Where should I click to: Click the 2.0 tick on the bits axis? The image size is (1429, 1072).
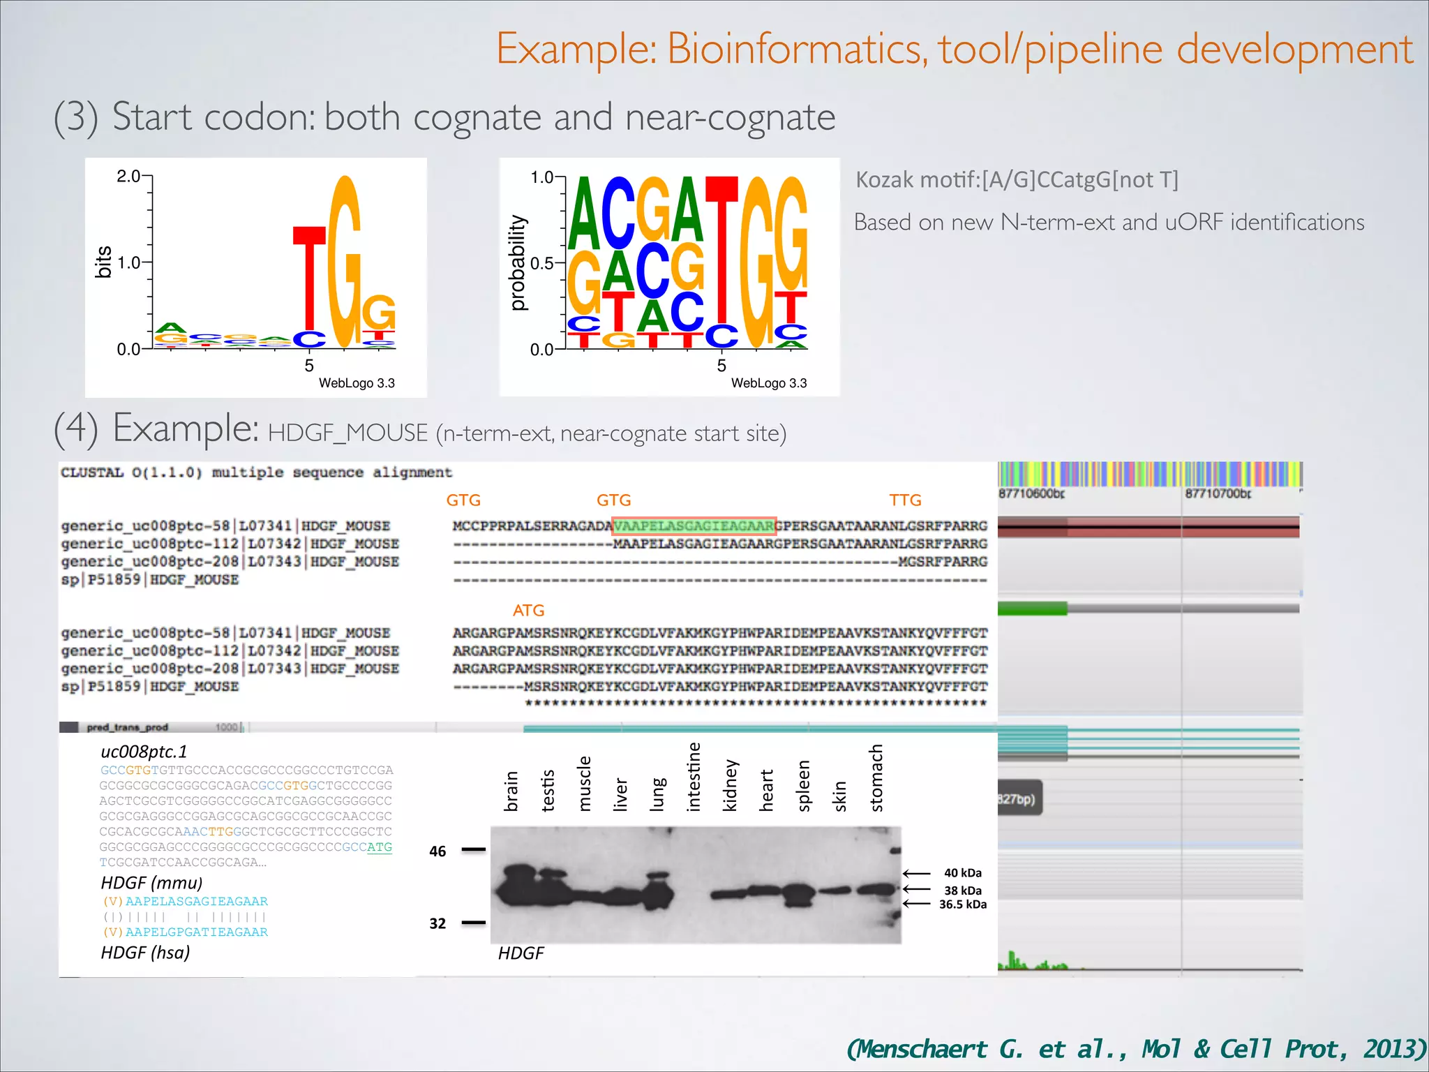[129, 176]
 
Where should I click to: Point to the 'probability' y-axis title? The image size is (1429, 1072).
[517, 262]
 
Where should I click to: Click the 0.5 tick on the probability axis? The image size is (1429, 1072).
[542, 263]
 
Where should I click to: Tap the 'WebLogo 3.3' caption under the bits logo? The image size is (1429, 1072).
[357, 383]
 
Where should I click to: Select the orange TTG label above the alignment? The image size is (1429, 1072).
[905, 500]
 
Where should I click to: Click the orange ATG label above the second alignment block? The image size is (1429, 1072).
[528, 611]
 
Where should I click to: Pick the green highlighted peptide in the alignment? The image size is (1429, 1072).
[694, 526]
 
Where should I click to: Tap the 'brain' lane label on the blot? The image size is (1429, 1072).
[511, 791]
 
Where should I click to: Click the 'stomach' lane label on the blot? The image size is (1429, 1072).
[876, 778]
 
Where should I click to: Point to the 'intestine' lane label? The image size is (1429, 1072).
[694, 777]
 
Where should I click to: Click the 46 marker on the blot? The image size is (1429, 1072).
[437, 851]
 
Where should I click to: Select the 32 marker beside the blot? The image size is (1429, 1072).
[437, 923]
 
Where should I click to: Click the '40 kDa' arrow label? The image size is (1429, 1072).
[962, 873]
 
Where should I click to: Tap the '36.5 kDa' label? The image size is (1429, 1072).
[962, 904]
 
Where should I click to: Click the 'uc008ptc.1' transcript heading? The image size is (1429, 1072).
[144, 752]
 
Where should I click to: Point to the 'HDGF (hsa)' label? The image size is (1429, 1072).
[145, 953]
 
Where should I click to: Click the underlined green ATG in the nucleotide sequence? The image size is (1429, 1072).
[380, 847]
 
